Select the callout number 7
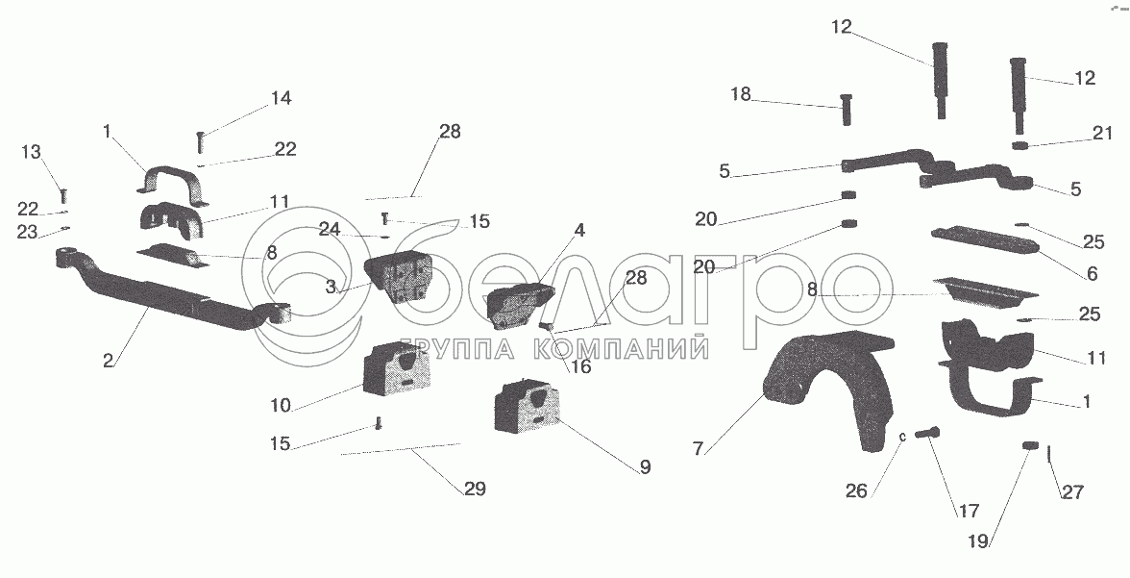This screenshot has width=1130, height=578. coord(699,449)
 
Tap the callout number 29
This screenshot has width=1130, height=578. coord(475,490)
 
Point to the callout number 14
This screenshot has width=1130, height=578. coord(281,98)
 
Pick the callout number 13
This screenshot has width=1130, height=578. coord(32,151)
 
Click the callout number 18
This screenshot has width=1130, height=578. coord(740,94)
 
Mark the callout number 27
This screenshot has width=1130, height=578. coord(1072,492)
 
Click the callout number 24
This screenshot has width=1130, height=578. coord(330,229)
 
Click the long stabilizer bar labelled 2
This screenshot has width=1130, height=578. coord(163,298)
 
